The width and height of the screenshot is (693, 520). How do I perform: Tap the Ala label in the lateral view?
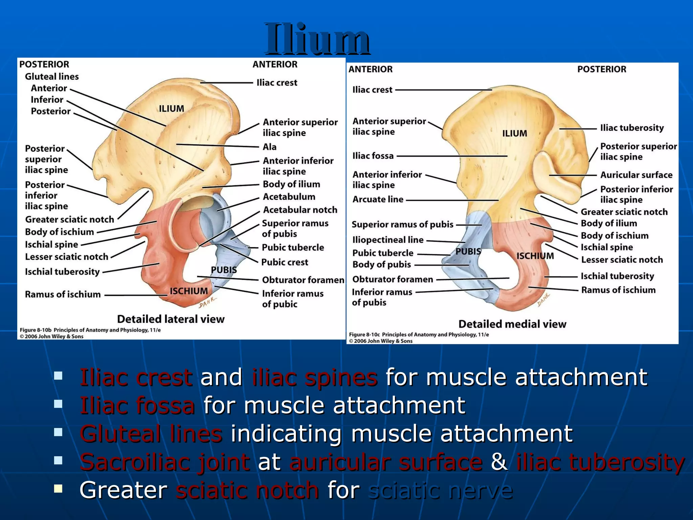coord(269,147)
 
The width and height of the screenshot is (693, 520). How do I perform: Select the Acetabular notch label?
coord(300,210)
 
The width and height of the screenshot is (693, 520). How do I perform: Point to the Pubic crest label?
coord(285,262)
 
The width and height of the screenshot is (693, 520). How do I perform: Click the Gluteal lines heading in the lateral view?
coord(52,77)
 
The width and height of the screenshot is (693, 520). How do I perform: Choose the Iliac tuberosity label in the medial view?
coord(632,128)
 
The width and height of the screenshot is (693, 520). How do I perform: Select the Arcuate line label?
coord(378,199)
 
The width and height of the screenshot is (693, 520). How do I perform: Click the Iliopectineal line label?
coord(388,240)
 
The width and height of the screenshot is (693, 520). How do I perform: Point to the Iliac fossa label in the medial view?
coord(373,156)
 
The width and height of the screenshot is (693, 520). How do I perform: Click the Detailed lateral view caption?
coord(171,319)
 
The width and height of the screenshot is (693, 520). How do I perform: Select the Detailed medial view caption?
coord(512,324)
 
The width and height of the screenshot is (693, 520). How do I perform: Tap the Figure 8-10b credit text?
coord(90,330)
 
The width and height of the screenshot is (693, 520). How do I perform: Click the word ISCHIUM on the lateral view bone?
coord(189,291)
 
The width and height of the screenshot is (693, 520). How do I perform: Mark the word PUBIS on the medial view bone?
coord(468,252)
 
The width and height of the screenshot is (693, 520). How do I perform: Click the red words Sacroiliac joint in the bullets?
coord(165,462)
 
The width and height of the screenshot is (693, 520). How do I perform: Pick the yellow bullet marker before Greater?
coord(58,488)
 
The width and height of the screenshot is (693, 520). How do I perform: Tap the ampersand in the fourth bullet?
coord(499,462)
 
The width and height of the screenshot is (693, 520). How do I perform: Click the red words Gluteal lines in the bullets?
coord(151,434)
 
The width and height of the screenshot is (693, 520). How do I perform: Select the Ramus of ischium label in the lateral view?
coord(63,295)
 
